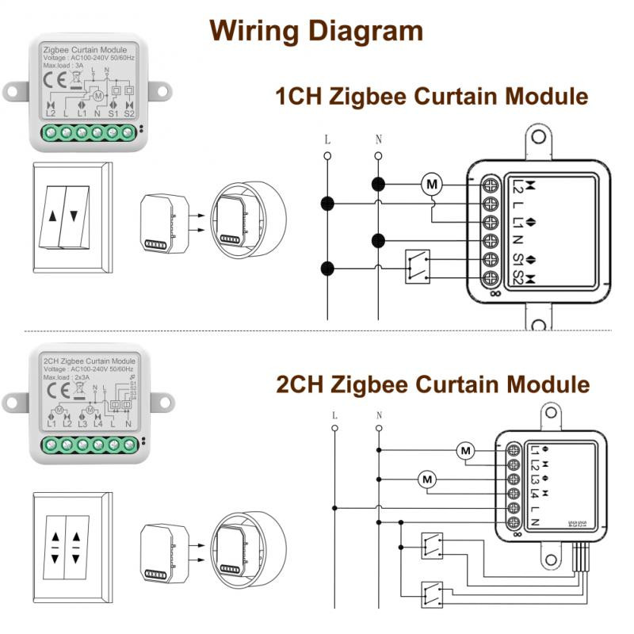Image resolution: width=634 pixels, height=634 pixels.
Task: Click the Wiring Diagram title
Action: point(316,31)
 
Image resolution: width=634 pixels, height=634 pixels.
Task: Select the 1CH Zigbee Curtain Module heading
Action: point(431,97)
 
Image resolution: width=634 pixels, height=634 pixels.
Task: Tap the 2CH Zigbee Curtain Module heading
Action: point(433,385)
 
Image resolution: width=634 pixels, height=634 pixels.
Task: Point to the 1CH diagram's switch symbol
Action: point(418,266)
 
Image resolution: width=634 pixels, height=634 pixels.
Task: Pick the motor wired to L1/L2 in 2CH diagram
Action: point(465,452)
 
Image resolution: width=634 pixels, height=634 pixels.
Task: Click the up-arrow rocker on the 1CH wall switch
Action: point(52,216)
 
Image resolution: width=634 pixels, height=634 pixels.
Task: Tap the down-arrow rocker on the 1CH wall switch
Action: point(74,216)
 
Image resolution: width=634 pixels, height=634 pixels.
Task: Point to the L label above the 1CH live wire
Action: point(327,139)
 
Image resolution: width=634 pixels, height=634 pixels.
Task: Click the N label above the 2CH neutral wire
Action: point(379,415)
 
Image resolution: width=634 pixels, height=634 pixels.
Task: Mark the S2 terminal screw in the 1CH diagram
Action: point(491,279)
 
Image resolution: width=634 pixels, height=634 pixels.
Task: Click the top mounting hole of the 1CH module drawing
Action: point(538,136)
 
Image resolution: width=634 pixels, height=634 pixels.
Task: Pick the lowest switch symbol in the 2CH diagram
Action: point(433,592)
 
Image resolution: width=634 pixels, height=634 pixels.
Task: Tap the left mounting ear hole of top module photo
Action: point(12,92)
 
